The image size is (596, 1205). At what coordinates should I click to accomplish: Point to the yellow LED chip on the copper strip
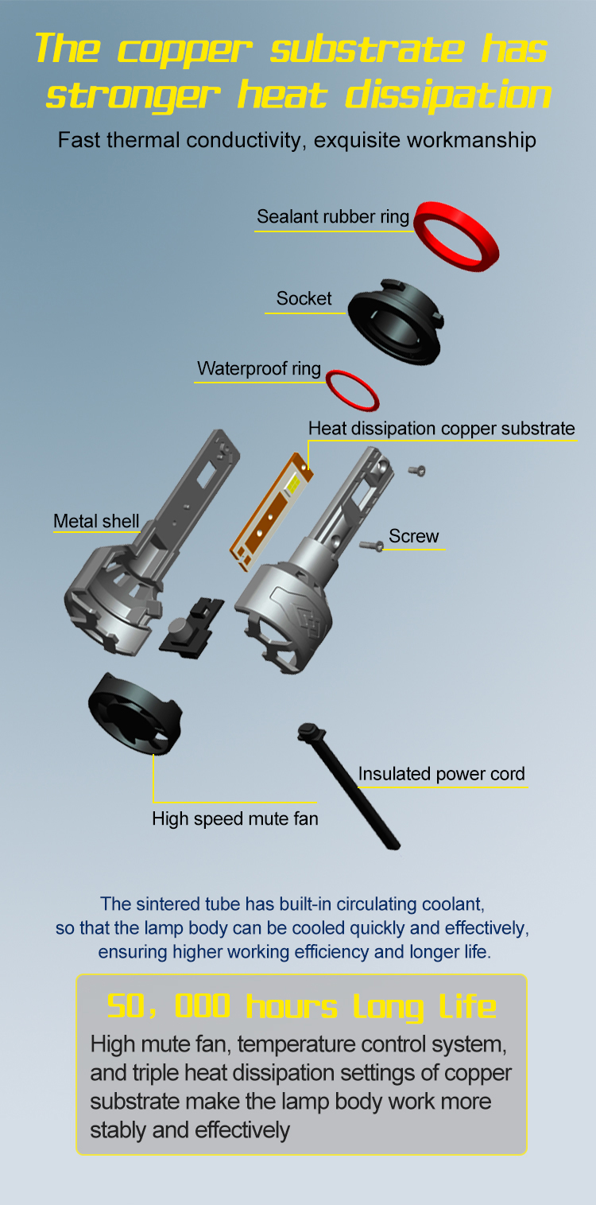293,484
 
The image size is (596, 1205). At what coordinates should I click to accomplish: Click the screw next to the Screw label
371,546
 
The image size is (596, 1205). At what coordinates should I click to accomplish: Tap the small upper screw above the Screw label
417,471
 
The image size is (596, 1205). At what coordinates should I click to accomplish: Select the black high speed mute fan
135,713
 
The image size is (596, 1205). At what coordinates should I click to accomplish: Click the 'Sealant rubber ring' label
333,216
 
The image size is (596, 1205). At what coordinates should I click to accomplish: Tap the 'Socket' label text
304,298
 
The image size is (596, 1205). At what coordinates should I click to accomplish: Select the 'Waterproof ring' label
258,368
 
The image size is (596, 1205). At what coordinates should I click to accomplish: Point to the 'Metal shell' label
96,521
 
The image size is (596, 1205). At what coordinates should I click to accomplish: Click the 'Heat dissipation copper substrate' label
441,428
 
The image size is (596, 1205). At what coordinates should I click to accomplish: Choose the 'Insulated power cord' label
441,774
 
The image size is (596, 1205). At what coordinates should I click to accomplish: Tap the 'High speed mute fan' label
235,818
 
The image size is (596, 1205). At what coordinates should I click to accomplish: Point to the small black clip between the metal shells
192,628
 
